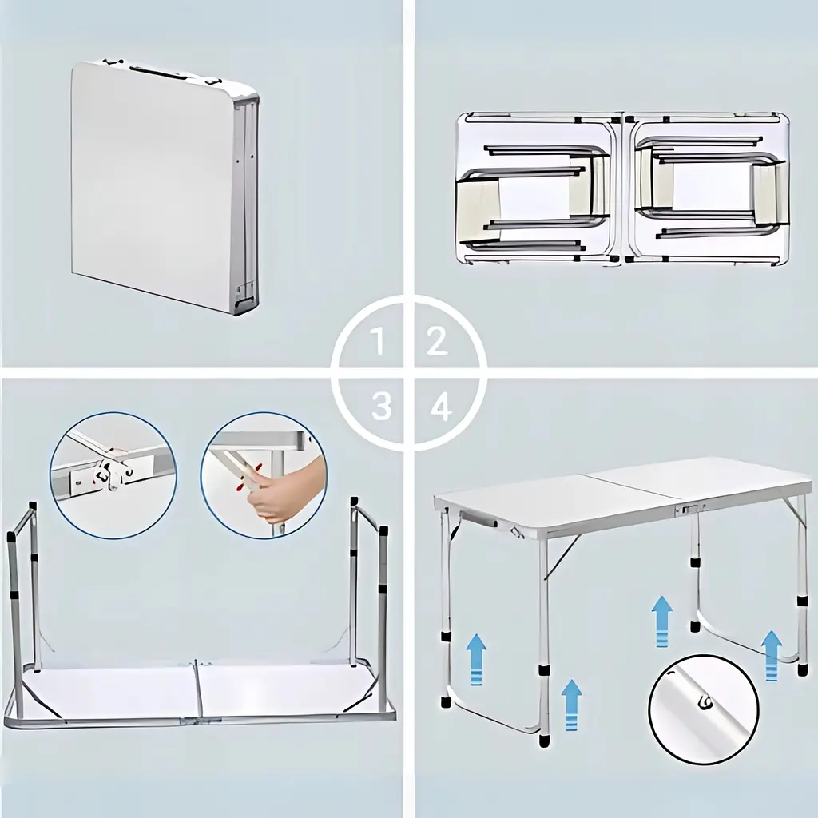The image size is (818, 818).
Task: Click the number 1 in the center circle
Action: [x=379, y=342]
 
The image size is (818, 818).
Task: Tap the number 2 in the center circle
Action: [x=438, y=341]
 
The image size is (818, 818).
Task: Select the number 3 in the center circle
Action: [x=381, y=407]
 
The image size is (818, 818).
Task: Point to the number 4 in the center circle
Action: [x=441, y=407]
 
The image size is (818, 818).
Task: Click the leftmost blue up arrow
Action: [x=476, y=659]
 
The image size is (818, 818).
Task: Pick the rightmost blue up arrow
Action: [x=772, y=655]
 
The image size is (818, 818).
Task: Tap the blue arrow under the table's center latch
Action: [x=662, y=621]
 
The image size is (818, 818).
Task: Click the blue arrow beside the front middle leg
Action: [x=572, y=705]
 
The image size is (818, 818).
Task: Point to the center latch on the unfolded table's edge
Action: [x=689, y=509]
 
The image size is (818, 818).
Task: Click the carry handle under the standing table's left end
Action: [x=478, y=519]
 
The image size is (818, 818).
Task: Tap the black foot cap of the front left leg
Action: [x=446, y=701]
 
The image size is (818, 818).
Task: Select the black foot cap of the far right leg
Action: [x=802, y=669]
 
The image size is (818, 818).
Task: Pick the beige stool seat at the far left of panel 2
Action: [x=478, y=201]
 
